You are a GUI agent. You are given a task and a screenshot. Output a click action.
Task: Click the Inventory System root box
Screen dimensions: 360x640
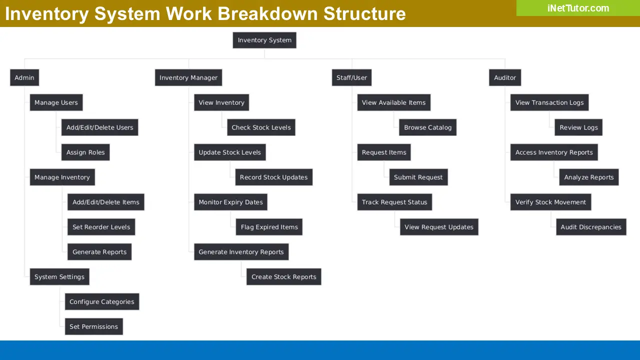264,40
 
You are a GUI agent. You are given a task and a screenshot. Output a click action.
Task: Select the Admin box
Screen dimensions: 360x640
24,77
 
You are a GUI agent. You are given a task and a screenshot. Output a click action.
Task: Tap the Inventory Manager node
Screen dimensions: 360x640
188,77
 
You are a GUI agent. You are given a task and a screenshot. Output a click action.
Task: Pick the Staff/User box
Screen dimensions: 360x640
351,77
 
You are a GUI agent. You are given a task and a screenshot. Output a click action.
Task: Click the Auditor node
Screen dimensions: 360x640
505,77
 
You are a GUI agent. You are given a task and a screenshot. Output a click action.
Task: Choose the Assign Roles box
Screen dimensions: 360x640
85,152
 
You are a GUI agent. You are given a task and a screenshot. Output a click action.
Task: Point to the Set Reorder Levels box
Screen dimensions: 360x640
101,227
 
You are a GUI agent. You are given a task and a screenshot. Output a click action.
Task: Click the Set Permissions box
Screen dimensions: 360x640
93,326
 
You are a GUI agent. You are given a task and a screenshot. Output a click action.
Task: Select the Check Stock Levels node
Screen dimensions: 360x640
261,127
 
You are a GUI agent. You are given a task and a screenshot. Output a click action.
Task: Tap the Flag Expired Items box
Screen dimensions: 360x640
269,227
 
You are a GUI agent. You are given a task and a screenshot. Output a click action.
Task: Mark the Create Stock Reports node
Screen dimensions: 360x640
283,277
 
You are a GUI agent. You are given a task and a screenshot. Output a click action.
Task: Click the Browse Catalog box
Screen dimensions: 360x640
427,127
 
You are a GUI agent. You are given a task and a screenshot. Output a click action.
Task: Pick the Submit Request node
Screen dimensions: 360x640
418,177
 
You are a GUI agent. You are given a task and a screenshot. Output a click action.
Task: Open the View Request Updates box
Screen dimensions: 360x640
439,227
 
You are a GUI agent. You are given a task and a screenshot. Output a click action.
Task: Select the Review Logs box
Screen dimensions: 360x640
578,127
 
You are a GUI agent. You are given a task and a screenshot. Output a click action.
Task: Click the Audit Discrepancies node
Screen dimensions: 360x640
591,227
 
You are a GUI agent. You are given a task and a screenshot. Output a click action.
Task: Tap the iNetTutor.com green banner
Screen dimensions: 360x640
578,8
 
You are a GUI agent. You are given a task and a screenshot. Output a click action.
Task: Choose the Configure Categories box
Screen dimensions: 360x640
101,301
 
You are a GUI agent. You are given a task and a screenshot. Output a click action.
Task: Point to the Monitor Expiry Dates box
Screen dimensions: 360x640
230,202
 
